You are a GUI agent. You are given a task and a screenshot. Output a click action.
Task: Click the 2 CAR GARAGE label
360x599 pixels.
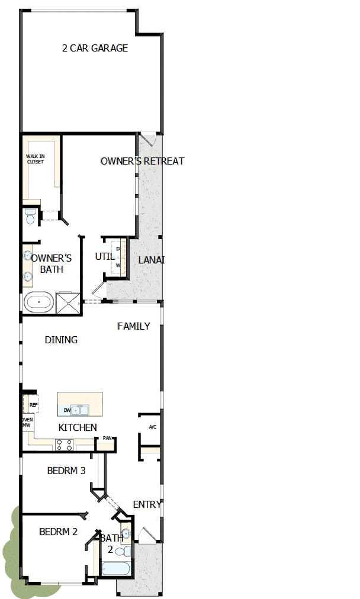(x=95, y=49)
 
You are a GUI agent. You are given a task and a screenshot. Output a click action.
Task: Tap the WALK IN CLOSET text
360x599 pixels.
(x=35, y=159)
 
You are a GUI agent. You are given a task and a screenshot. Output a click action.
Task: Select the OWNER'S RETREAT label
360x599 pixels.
(x=142, y=161)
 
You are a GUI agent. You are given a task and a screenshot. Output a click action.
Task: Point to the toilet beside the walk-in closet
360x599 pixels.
(x=30, y=217)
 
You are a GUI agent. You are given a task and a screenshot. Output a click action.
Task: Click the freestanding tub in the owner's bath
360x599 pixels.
(x=39, y=302)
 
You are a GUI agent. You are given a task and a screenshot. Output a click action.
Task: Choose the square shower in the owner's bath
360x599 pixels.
(x=67, y=302)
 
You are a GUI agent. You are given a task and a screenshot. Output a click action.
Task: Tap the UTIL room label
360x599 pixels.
(x=105, y=257)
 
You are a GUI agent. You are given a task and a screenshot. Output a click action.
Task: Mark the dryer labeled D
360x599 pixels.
(x=118, y=249)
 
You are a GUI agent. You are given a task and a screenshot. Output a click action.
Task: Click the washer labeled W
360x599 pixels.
(x=118, y=266)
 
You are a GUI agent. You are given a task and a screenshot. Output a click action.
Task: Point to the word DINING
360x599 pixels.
(x=61, y=340)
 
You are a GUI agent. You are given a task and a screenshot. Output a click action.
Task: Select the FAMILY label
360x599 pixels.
(x=134, y=326)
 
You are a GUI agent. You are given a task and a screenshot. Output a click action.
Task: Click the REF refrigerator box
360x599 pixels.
(x=33, y=405)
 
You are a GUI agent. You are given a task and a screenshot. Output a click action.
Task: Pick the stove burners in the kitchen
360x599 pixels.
(x=64, y=445)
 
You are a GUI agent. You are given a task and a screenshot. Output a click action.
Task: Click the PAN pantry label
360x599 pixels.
(x=107, y=439)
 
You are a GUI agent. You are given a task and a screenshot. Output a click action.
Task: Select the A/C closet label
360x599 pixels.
(x=152, y=427)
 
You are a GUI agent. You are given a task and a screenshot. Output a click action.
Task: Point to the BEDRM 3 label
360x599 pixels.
(x=66, y=471)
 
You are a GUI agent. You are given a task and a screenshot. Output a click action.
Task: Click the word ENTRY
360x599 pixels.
(x=147, y=504)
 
